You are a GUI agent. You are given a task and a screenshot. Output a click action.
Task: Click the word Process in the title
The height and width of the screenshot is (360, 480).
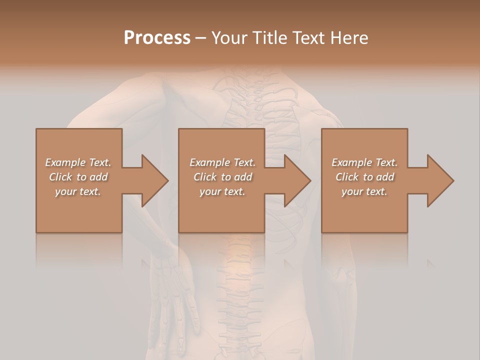(157, 37)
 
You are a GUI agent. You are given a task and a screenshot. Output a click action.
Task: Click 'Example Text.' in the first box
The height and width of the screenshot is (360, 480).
(78, 162)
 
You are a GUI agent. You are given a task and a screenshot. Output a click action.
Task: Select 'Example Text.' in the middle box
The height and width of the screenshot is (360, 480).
(222, 162)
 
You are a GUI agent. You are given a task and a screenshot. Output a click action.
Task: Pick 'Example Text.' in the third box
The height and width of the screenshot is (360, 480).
(364, 162)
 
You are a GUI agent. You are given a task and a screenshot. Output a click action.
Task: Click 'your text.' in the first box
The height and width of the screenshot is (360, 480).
(78, 191)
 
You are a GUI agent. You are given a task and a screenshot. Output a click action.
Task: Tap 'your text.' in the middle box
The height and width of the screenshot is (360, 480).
(222, 191)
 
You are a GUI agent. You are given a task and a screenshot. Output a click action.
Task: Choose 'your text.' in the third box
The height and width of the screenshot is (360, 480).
(364, 191)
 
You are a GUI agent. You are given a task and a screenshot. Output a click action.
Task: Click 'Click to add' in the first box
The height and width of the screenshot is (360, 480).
(78, 177)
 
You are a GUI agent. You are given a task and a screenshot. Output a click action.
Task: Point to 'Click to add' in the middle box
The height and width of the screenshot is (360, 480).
(222, 177)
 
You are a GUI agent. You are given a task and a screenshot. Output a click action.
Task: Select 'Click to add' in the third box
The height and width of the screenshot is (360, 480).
(364, 177)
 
